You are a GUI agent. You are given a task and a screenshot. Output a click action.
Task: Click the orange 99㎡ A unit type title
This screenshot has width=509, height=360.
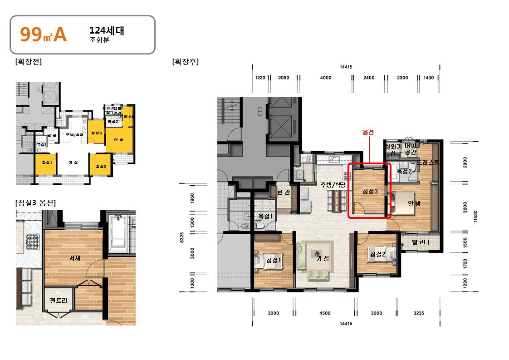point(44,35)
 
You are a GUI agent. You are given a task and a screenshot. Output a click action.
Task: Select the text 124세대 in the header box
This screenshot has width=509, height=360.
point(107,31)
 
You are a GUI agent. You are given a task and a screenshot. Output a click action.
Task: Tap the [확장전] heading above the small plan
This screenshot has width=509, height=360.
point(28,62)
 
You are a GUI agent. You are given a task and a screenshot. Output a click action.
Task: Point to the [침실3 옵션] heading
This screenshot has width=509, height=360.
point(35,202)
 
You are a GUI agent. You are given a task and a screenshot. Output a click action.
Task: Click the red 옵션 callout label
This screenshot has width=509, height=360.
point(369,132)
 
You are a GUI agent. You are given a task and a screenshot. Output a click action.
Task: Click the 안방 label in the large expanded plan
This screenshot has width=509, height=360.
point(414,203)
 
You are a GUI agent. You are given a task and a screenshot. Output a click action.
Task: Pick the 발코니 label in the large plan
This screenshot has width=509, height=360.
point(420,242)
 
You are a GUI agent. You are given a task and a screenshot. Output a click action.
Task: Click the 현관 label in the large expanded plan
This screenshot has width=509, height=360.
point(283,192)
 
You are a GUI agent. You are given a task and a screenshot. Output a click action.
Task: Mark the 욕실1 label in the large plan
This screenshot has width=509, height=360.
point(266,216)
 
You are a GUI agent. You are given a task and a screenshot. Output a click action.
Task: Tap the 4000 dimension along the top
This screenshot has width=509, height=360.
point(325,78)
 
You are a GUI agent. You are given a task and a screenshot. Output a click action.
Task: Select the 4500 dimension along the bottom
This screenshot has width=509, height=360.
point(325,313)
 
